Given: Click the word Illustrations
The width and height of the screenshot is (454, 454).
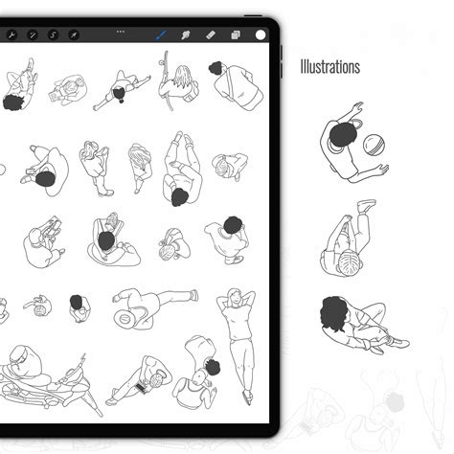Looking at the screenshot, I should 329,67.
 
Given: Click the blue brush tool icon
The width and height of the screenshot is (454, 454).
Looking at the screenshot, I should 162,34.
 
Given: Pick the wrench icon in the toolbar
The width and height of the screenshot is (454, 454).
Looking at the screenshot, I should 11,35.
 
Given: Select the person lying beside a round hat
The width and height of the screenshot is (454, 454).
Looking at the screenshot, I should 153,306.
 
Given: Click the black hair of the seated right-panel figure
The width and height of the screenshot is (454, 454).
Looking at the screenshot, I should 333,313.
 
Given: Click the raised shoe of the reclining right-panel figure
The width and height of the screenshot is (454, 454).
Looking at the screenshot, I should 366,206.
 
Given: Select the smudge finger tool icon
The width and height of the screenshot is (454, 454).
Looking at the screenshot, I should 186,35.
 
